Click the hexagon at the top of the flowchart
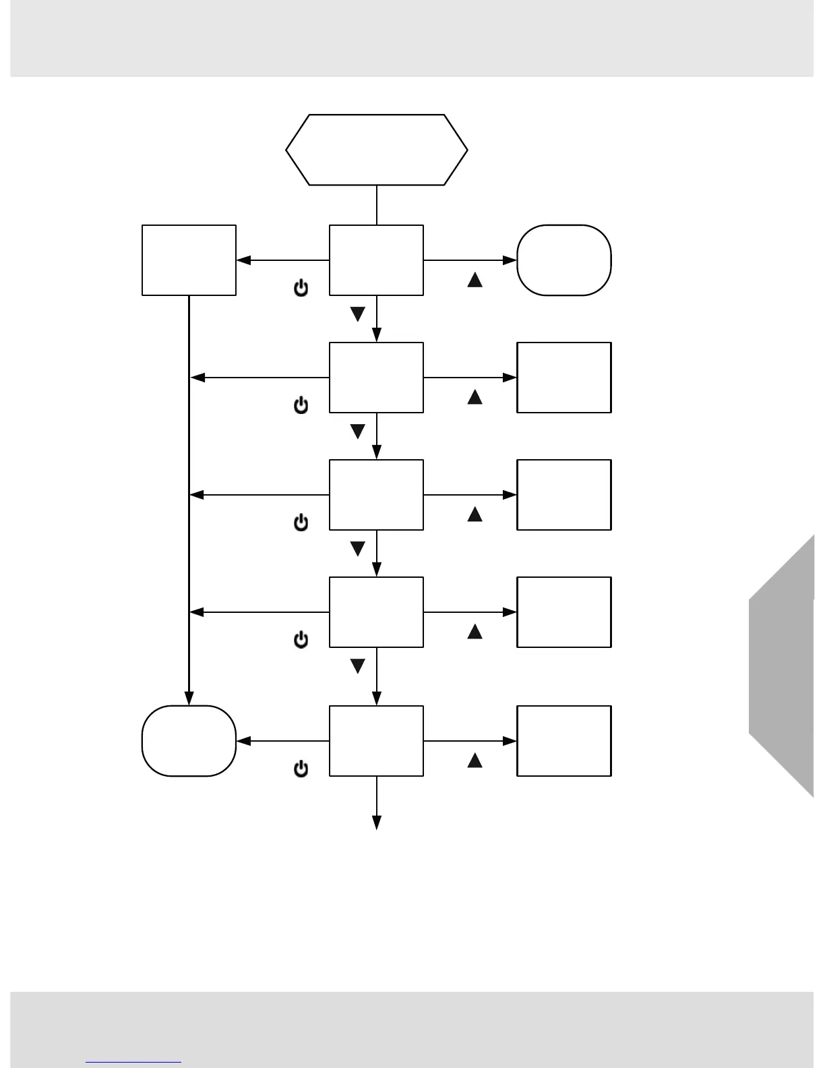click(376, 150)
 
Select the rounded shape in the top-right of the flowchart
click(563, 260)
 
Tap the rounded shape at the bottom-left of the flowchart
click(189, 741)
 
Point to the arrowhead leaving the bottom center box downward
click(377, 823)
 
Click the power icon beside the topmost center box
click(301, 289)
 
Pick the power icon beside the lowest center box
click(301, 769)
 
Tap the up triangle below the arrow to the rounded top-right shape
click(475, 280)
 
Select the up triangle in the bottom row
click(475, 761)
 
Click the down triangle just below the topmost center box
click(358, 314)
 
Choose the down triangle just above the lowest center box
click(358, 666)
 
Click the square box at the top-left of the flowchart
click(189, 260)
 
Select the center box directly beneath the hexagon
click(376, 260)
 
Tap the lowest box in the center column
click(376, 741)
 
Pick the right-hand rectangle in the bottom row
click(563, 741)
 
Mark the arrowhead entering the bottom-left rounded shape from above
click(189, 699)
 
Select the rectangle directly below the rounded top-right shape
click(563, 378)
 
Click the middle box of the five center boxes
click(376, 495)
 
